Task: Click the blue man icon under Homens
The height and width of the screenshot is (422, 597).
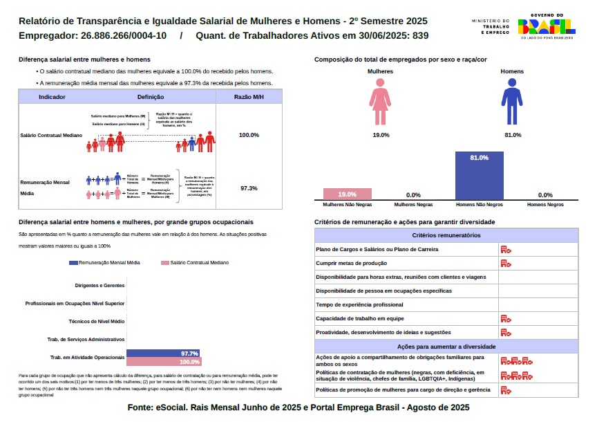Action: tap(512, 101)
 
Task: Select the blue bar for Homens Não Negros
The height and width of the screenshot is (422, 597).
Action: tap(479, 176)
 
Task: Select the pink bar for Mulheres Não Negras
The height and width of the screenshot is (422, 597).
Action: tap(347, 194)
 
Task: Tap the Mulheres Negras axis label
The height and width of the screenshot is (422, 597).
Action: tap(413, 205)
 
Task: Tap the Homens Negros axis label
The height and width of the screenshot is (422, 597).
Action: tap(545, 205)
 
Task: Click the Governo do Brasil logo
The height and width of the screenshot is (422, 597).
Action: tap(546, 26)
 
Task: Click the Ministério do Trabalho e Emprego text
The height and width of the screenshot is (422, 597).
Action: tap(491, 27)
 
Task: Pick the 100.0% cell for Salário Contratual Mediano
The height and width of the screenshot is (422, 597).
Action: tap(249, 135)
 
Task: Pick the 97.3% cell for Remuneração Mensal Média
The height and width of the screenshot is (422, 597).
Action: tap(249, 188)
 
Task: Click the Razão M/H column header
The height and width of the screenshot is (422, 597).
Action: tap(249, 97)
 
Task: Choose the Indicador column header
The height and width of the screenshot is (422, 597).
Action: tap(53, 97)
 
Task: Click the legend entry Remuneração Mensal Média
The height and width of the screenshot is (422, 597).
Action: tap(105, 263)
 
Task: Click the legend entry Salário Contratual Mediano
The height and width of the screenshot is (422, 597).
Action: tap(195, 263)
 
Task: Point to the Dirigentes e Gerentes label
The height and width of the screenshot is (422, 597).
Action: tap(99, 285)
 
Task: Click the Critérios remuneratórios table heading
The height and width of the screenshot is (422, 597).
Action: tap(446, 236)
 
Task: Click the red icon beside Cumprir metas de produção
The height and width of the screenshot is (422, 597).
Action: tap(506, 264)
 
